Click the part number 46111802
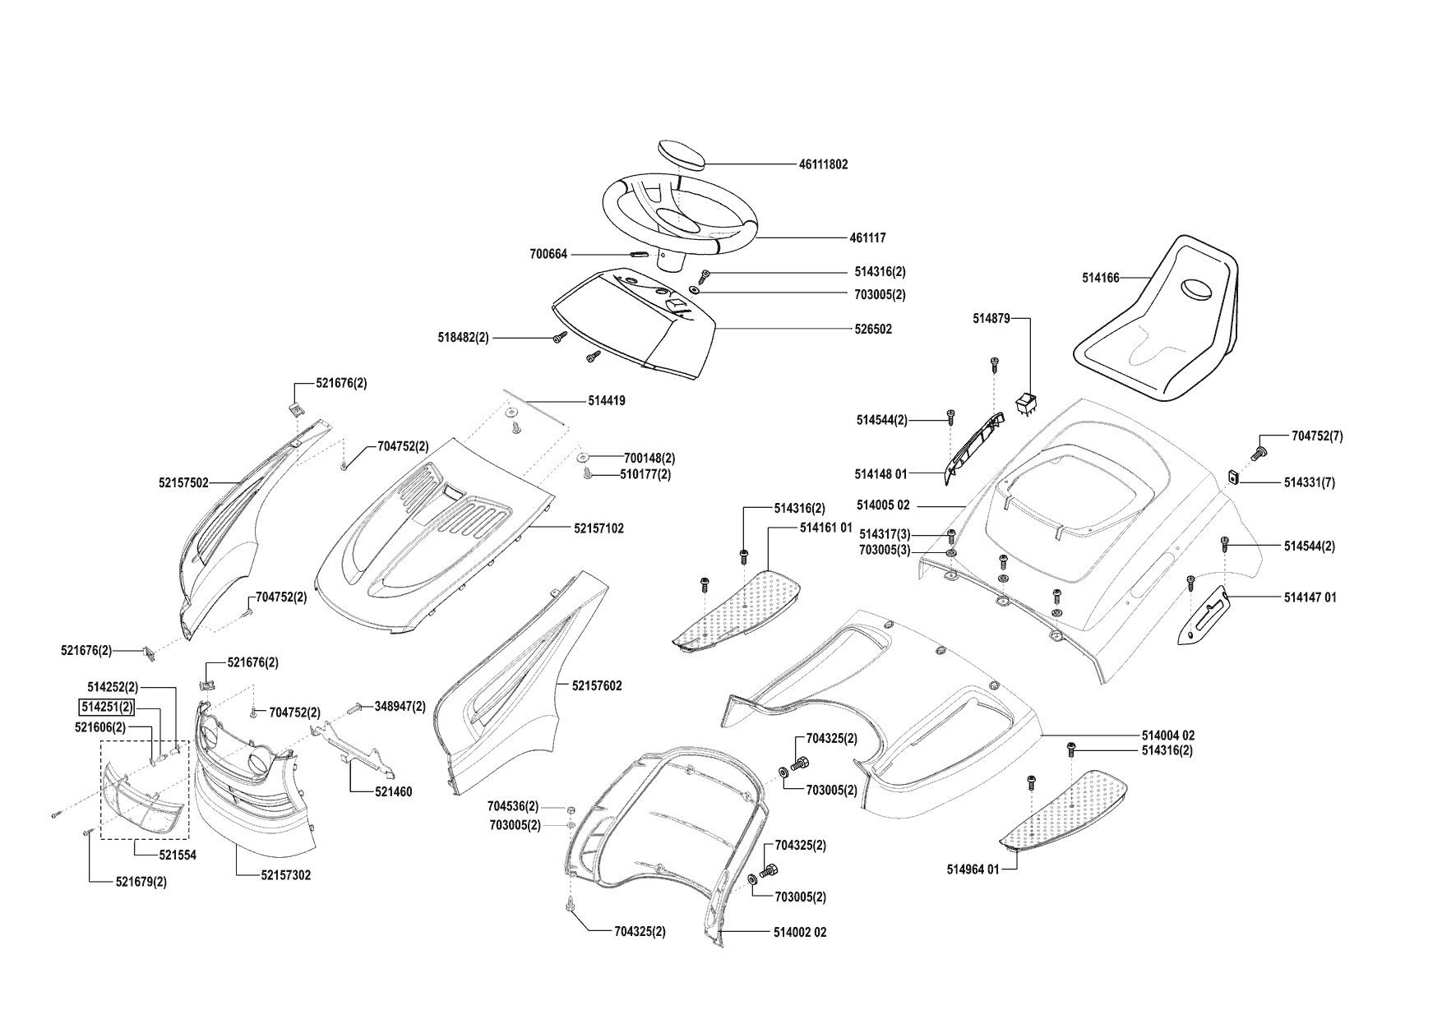(823, 164)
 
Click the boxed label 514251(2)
(106, 707)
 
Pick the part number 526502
(872, 330)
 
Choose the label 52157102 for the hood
(599, 528)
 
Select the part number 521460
(393, 792)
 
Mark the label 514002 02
(800, 933)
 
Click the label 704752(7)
(1317, 436)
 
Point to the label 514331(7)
(1309, 483)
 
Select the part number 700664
(548, 255)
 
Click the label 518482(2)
(463, 338)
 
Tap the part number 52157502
(183, 483)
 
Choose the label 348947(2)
(400, 706)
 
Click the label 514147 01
(1310, 597)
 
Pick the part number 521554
(178, 855)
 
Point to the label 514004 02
(1167, 735)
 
